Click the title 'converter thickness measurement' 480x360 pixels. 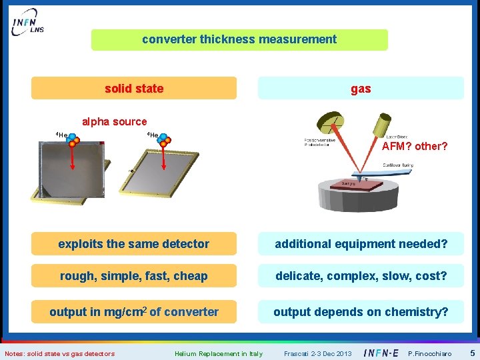point(239,39)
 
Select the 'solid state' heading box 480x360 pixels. point(134,88)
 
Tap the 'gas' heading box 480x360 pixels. point(361,88)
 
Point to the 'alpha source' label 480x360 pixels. point(114,121)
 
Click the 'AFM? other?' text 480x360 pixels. point(414,146)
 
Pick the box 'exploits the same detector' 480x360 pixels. point(134,244)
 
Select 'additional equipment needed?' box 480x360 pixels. point(361,244)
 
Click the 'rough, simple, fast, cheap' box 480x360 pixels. point(134,276)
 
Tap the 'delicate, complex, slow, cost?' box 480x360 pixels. point(361,276)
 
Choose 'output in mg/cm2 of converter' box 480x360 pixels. point(134,312)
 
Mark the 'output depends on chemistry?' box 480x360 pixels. point(361,312)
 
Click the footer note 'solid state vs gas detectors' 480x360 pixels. point(59,353)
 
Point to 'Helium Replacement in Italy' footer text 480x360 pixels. point(219,353)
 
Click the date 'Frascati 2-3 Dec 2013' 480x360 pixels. point(317,353)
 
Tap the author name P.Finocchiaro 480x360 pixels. point(430,353)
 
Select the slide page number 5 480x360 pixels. point(472,353)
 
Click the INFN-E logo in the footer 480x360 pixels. point(383,353)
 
